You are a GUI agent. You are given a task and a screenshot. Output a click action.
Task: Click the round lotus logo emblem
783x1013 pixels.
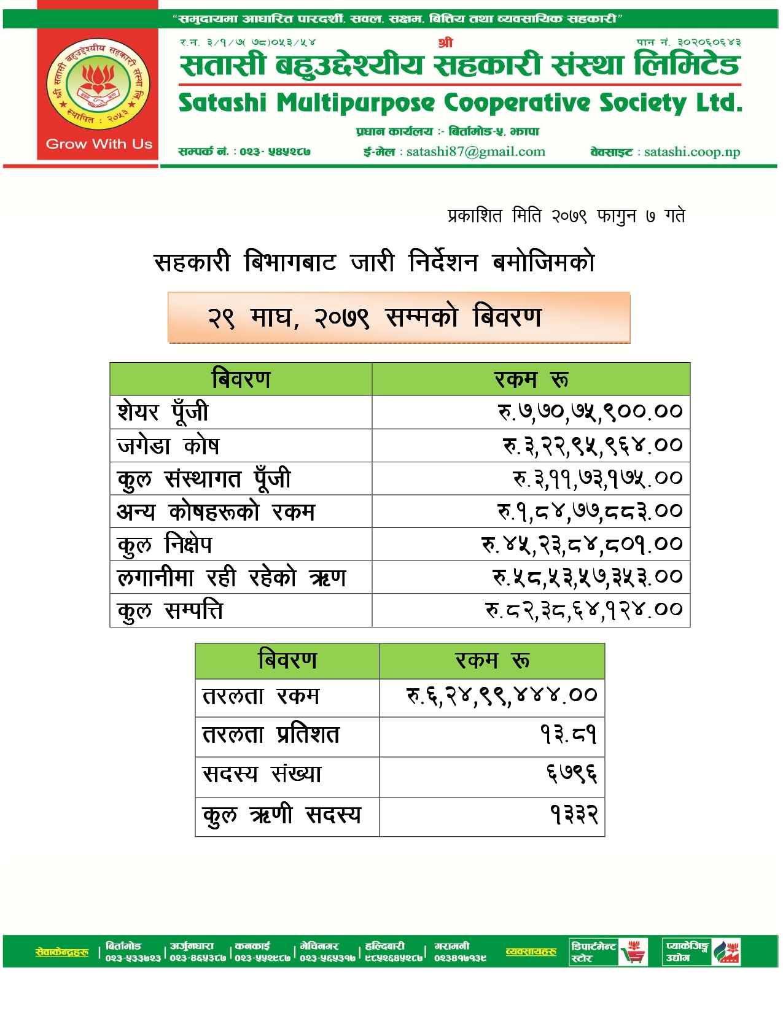click(x=98, y=84)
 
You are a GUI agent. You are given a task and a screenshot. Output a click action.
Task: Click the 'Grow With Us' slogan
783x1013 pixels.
click(x=99, y=144)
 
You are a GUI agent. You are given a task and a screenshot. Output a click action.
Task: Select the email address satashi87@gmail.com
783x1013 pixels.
click(x=475, y=152)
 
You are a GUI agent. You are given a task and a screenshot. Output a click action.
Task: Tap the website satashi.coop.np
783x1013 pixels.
click(x=692, y=152)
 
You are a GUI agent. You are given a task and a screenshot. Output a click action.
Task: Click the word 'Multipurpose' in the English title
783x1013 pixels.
click(x=356, y=103)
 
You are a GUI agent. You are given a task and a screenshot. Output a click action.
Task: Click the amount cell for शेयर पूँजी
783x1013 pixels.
click(x=590, y=412)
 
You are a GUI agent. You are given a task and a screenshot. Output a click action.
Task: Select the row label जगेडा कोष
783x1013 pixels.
click(x=168, y=446)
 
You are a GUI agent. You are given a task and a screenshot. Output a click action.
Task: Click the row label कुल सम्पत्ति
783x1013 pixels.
click(x=170, y=611)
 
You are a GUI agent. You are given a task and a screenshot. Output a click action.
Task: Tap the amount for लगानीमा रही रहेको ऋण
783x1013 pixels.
click(x=587, y=577)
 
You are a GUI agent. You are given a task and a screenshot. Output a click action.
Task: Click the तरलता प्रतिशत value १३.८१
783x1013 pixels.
click(x=568, y=735)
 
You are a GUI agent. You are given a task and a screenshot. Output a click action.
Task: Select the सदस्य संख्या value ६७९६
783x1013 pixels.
click(x=572, y=774)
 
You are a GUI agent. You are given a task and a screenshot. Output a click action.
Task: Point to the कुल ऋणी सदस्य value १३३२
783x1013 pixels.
click(x=574, y=815)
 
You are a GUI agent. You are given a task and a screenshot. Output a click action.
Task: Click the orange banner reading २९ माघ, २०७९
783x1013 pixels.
click(x=399, y=317)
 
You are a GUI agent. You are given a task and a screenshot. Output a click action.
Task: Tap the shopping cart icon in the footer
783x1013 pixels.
click(x=633, y=952)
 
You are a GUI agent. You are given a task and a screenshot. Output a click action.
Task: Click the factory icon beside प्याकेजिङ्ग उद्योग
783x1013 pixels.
click(x=727, y=952)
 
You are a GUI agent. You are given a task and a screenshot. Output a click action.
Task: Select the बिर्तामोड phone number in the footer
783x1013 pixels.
click(x=133, y=958)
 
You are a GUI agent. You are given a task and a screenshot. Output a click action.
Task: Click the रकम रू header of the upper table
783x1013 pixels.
click(x=531, y=379)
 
